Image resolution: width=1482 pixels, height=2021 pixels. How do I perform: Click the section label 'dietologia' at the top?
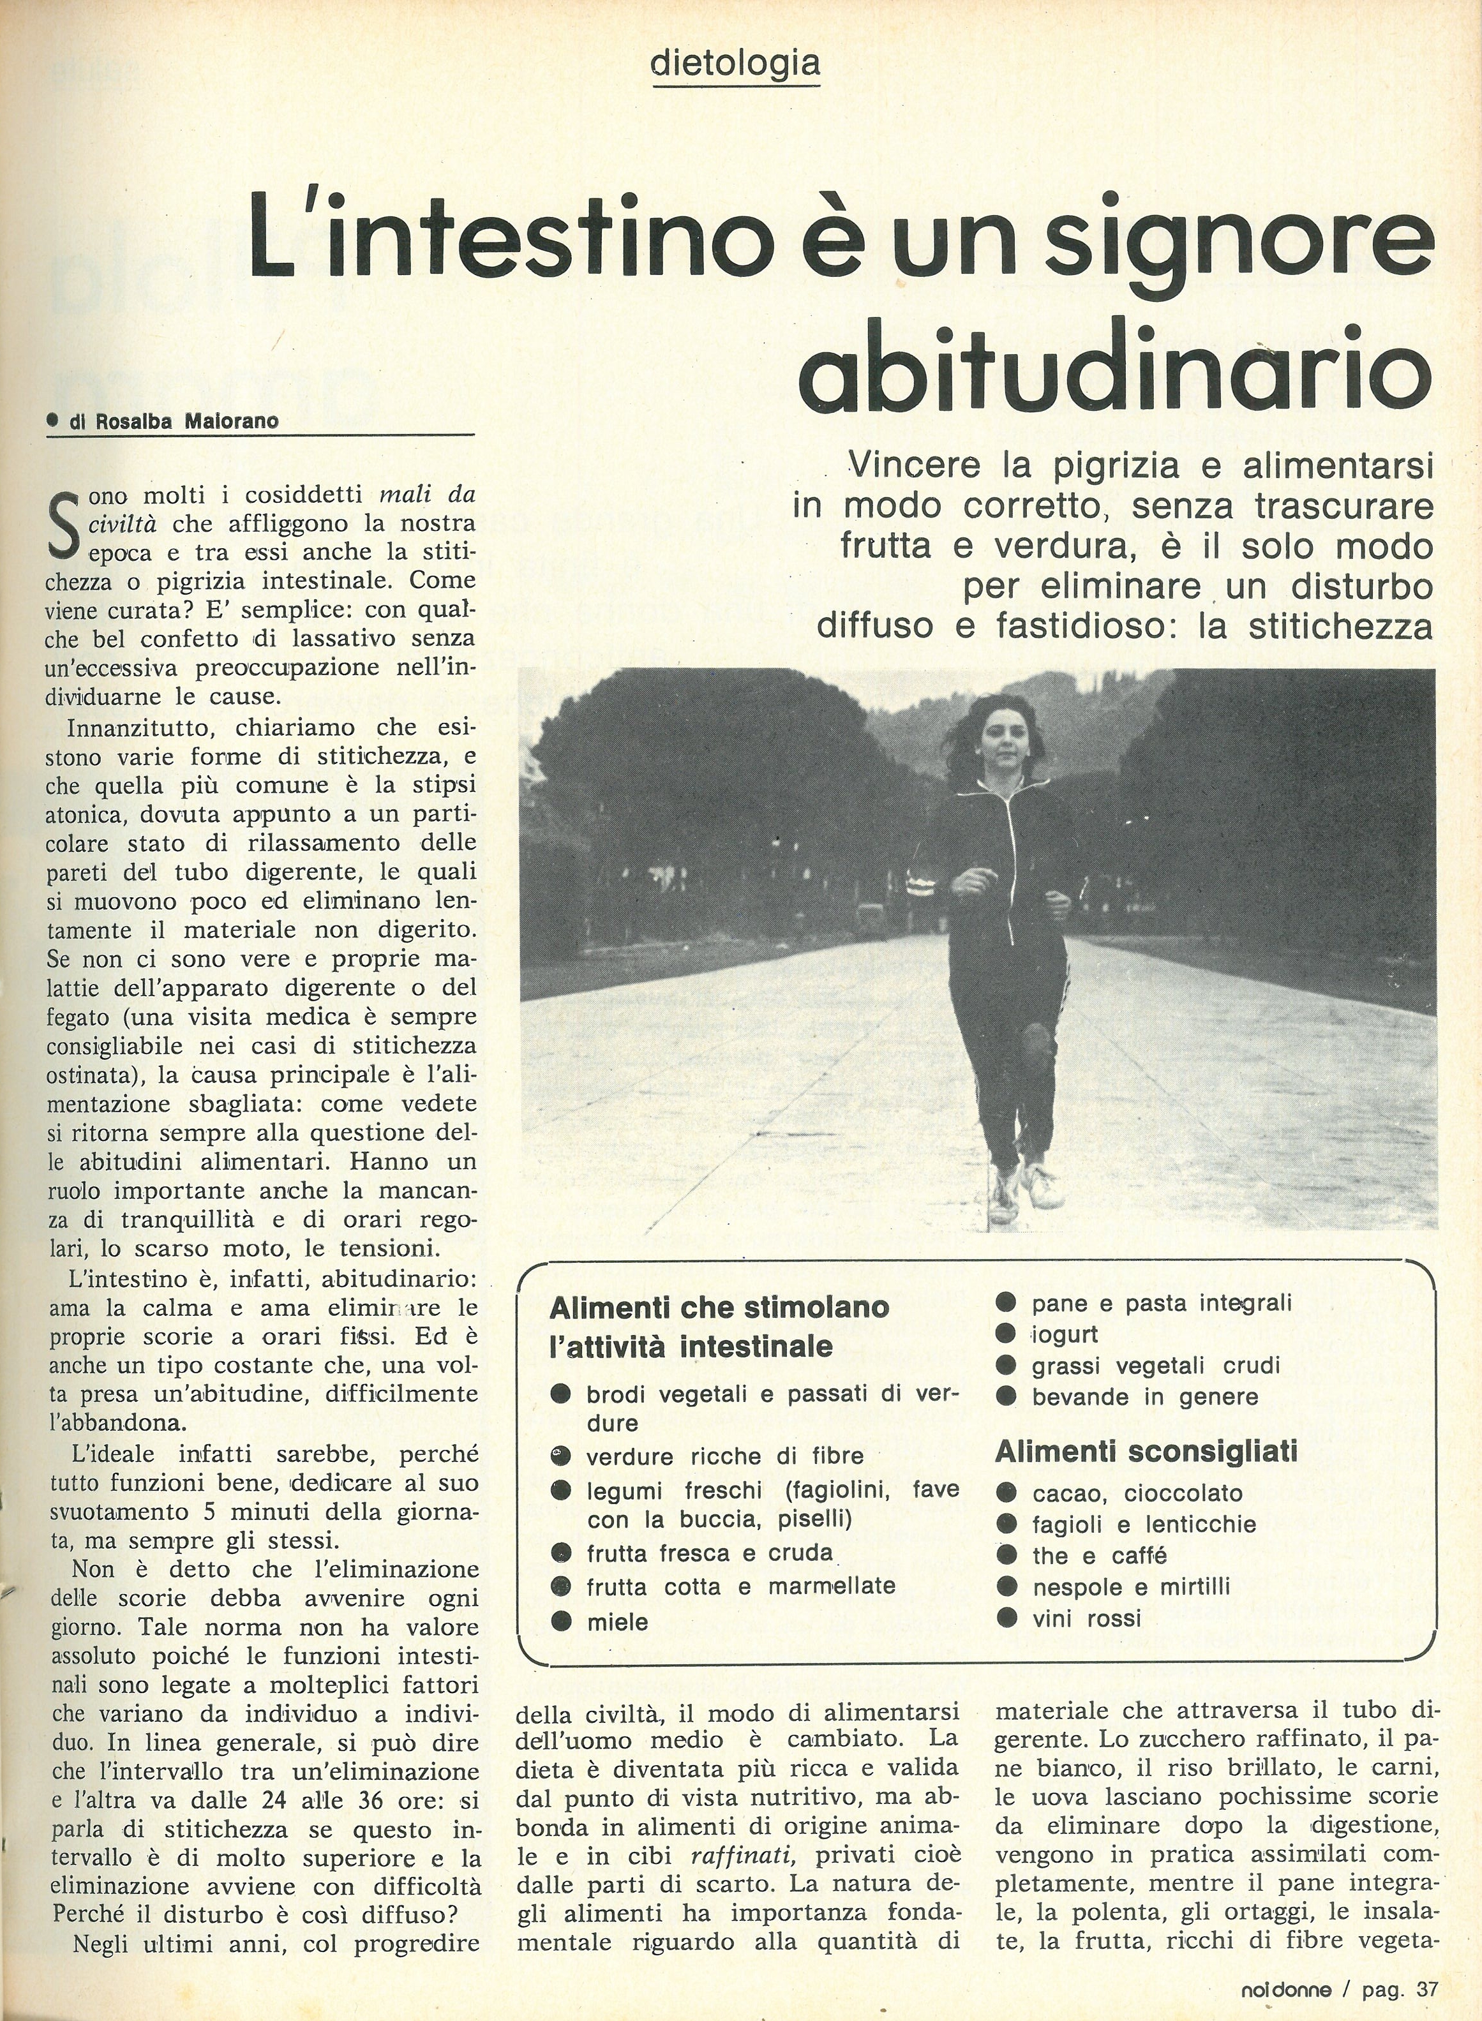(736, 63)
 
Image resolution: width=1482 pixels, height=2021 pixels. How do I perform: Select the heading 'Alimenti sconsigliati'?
(1146, 1450)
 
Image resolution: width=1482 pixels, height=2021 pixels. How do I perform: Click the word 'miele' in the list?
(617, 1622)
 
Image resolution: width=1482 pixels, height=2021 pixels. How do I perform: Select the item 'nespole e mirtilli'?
(1130, 1587)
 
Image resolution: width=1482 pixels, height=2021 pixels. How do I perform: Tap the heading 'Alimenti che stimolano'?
(719, 1307)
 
